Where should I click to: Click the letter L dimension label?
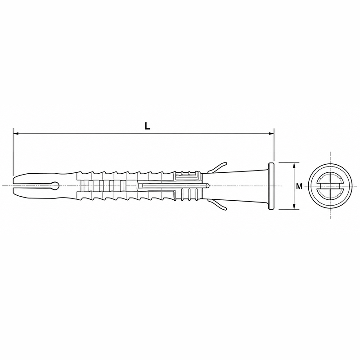click(147, 126)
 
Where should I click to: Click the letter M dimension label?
click(299, 186)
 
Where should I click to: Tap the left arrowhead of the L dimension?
click(16, 133)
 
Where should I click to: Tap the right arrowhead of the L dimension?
click(271, 133)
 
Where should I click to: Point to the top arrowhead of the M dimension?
click(295, 165)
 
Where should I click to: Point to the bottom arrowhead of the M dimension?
click(295, 207)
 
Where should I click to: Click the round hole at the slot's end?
click(56, 185)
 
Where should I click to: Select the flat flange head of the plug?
click(271, 186)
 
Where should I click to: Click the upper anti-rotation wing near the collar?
click(217, 167)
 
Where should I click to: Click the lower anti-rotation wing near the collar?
click(217, 205)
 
